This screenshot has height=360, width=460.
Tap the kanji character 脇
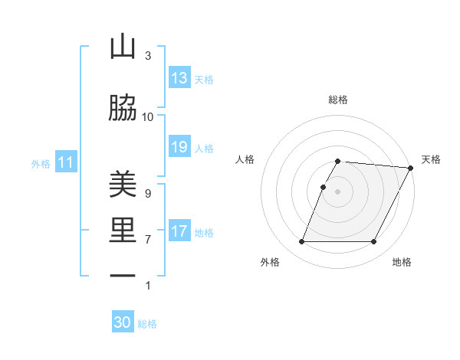point(123,108)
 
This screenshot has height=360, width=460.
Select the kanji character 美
point(123,185)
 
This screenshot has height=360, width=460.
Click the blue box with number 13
point(179,78)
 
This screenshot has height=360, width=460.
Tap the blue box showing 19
point(179,147)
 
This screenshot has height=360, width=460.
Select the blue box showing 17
point(179,231)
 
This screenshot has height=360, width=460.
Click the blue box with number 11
point(66,162)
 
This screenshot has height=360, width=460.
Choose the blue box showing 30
point(123,323)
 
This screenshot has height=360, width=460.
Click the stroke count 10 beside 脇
point(148,117)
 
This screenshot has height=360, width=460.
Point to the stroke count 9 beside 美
point(148,194)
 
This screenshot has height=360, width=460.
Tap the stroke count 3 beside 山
point(148,56)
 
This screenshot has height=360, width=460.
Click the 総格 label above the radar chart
point(338,100)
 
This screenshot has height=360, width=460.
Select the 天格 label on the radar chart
point(431,159)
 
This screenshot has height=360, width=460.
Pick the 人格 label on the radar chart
point(245,159)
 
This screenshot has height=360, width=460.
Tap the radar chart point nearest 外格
point(301,242)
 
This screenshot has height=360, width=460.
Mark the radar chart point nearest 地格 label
point(374,242)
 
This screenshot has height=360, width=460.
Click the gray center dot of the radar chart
point(338,191)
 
